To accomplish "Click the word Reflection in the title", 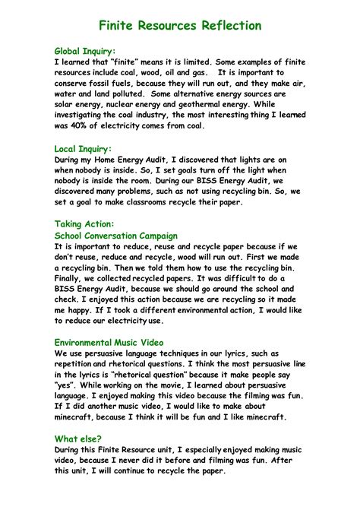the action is (x=225, y=26).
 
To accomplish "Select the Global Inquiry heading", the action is (x=85, y=51).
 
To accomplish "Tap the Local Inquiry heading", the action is (x=83, y=149).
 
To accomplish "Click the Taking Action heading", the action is (x=84, y=224).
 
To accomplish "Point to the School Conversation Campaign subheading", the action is (x=115, y=236).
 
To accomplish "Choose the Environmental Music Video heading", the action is (x=109, y=343).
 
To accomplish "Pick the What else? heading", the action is (x=77, y=439).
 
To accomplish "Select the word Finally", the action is (x=71, y=279).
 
